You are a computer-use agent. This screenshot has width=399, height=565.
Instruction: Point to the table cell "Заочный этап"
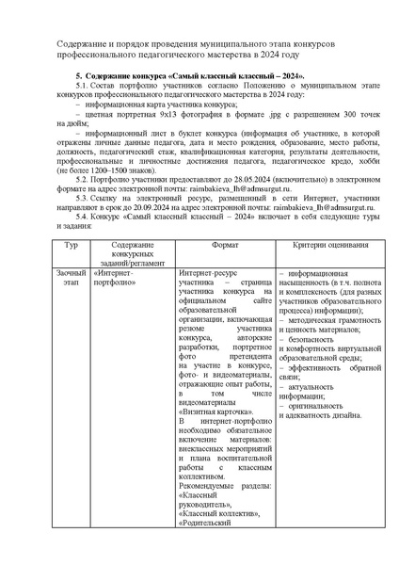(x=69, y=277)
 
